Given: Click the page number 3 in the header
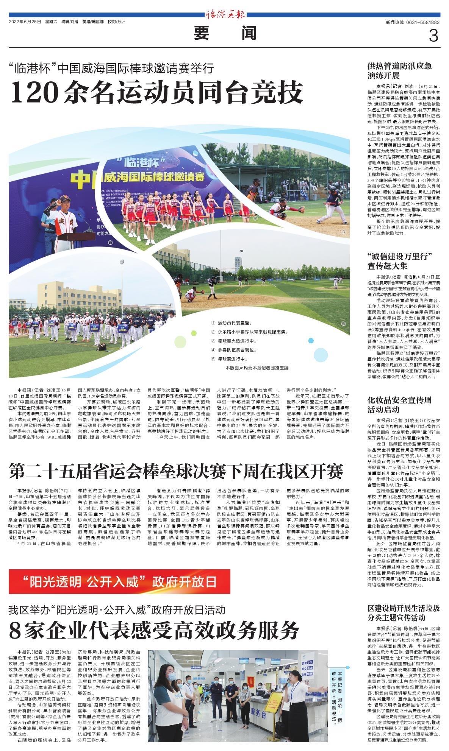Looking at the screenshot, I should point(433,36).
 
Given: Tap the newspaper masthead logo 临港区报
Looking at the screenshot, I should point(225,16).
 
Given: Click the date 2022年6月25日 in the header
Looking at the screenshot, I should point(25,22).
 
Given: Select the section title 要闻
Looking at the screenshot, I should point(225,34).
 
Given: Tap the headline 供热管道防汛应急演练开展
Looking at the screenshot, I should point(400,70).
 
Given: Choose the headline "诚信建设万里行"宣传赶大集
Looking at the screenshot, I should point(400,260).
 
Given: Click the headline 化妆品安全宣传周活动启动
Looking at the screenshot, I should point(400,405).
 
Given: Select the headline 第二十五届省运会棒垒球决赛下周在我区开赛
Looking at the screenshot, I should point(177,471).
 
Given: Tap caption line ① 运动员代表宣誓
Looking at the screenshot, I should point(232,323).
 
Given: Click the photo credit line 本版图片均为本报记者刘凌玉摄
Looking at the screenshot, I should point(257,368).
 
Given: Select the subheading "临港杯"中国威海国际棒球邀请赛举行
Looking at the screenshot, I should point(112,69).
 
